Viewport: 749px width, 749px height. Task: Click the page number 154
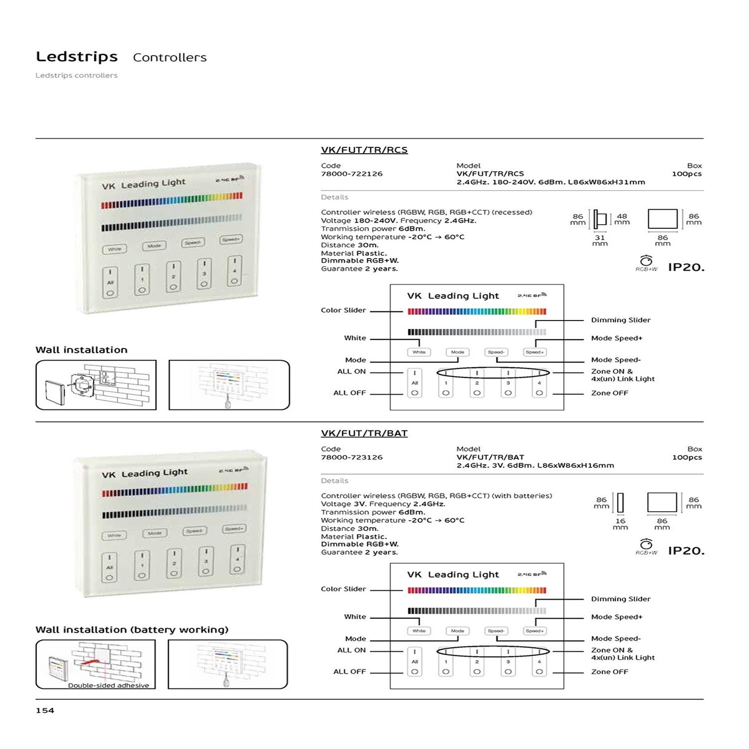pyautogui.click(x=45, y=711)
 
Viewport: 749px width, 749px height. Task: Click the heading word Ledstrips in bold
pyautogui.click(x=77, y=57)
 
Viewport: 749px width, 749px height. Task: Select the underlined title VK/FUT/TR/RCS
pyautogui.click(x=364, y=150)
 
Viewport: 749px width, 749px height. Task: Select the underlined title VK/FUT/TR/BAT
pyautogui.click(x=364, y=433)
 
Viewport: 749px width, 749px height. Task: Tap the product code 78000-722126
pyautogui.click(x=352, y=174)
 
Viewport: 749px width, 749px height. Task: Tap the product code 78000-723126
pyautogui.click(x=352, y=457)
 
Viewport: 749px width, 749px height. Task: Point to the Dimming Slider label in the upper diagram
pyautogui.click(x=621, y=320)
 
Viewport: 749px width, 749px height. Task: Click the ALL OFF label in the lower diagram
pyautogui.click(x=350, y=672)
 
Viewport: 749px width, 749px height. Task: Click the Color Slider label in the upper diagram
pyautogui.click(x=344, y=310)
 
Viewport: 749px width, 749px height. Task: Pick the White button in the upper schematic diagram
pyautogui.click(x=419, y=352)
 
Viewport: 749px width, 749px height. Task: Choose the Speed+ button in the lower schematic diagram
pyautogui.click(x=534, y=631)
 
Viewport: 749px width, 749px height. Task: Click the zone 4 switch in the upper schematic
pyautogui.click(x=539, y=383)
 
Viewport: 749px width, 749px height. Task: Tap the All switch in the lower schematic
pyautogui.click(x=414, y=662)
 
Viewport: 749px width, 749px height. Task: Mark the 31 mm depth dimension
pyautogui.click(x=600, y=241)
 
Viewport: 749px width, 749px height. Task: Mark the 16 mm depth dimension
pyautogui.click(x=620, y=524)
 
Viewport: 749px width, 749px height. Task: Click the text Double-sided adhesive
pyautogui.click(x=108, y=686)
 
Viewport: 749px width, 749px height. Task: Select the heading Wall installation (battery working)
pyautogui.click(x=132, y=630)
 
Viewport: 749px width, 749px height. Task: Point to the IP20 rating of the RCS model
pyautogui.click(x=686, y=267)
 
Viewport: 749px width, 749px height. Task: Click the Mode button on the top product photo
pyautogui.click(x=154, y=246)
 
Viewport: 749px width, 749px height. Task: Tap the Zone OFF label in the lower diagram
pyautogui.click(x=609, y=672)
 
